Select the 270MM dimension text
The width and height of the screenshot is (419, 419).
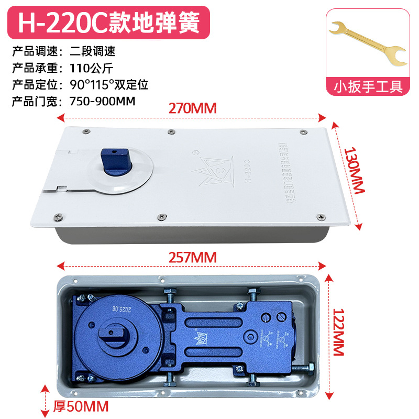pyautogui.click(x=192, y=108)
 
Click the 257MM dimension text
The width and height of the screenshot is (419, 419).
pyautogui.click(x=192, y=257)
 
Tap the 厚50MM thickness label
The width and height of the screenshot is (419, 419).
pyautogui.click(x=81, y=406)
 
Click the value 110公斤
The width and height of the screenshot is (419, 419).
pyautogui.click(x=92, y=68)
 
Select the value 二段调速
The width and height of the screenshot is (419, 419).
pyautogui.click(x=92, y=51)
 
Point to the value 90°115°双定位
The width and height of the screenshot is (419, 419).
pyautogui.click(x=108, y=84)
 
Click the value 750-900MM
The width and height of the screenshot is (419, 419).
pyautogui.click(x=102, y=101)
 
